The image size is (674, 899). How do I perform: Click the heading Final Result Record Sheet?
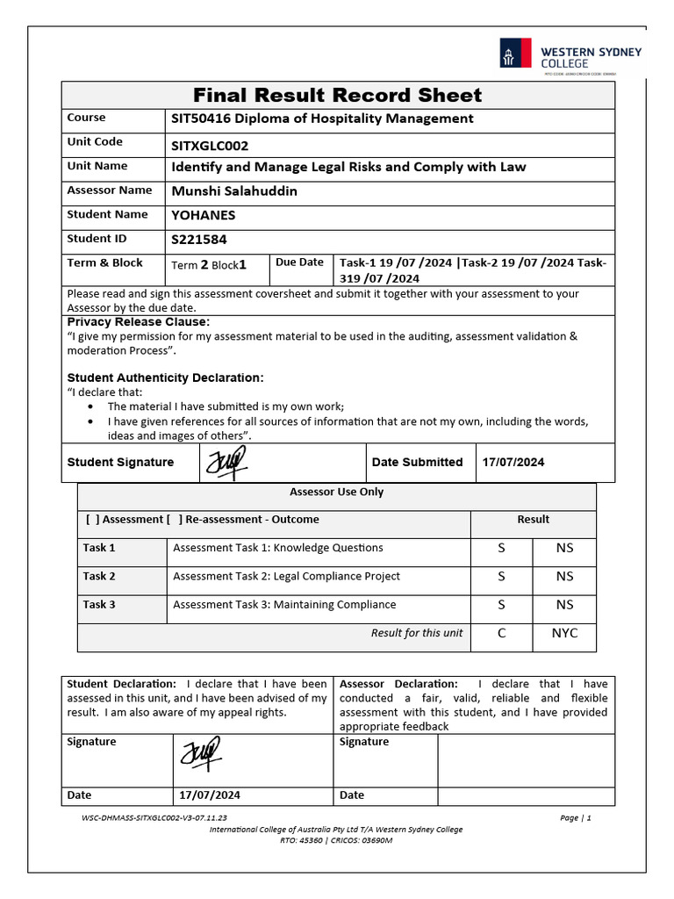[338, 95]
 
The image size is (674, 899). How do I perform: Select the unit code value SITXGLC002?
[216, 146]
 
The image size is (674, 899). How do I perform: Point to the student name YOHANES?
[203, 215]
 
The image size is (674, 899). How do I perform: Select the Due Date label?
[299, 263]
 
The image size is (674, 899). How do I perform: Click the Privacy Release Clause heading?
[139, 322]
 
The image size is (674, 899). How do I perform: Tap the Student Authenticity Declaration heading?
[165, 378]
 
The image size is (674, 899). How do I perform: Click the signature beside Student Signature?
[226, 462]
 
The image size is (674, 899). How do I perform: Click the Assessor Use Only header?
[337, 493]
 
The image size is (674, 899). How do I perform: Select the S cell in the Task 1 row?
[501, 548]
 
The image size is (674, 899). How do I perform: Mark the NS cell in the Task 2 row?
[564, 577]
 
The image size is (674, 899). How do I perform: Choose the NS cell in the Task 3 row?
[564, 605]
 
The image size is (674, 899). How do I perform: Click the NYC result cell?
[564, 633]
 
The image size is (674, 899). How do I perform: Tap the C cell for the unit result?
[501, 633]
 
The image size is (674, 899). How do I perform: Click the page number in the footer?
[575, 818]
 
